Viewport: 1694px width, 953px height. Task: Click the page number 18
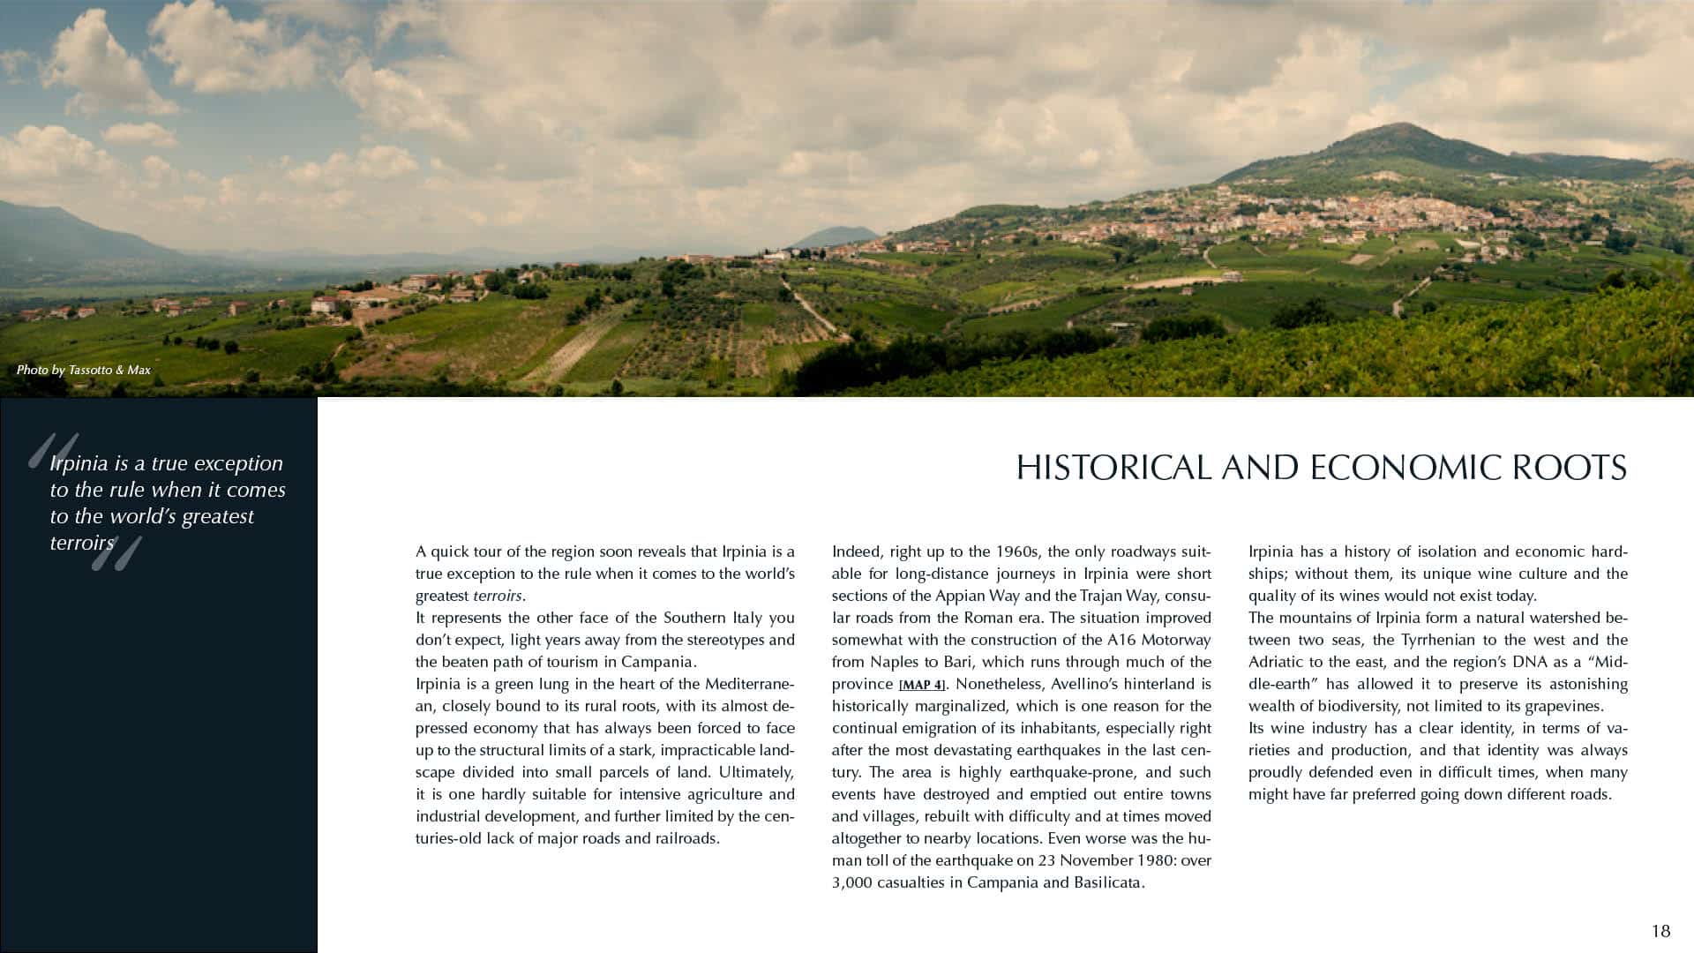coord(1660,931)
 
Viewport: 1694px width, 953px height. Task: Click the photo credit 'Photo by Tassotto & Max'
coord(84,370)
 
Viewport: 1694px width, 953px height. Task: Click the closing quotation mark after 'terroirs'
coord(117,554)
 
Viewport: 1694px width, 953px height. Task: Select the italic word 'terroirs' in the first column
coord(498,596)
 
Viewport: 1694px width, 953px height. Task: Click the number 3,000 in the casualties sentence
coord(851,882)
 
